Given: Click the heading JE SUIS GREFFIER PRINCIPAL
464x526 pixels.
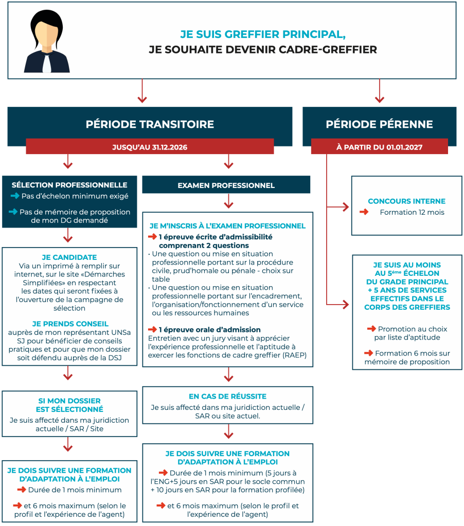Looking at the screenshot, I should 262,34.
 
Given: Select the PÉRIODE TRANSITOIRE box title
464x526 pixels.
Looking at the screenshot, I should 150,124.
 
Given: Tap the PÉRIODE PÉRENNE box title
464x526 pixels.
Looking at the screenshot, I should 379,124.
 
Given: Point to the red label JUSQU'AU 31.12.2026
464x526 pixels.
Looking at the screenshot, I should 150,147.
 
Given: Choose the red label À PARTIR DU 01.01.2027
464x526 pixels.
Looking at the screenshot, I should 379,147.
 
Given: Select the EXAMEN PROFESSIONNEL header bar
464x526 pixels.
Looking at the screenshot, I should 226,185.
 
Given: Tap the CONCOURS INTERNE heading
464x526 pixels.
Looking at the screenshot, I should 406,201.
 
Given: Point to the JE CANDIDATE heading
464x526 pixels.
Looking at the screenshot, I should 69,257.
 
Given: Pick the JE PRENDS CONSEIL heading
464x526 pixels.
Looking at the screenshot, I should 70,324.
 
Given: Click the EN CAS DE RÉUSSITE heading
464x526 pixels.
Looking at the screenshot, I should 227,396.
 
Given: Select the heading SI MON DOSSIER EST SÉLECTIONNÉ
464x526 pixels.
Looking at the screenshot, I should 69,405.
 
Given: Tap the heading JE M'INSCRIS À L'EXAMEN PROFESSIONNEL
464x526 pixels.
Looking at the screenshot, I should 227,226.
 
